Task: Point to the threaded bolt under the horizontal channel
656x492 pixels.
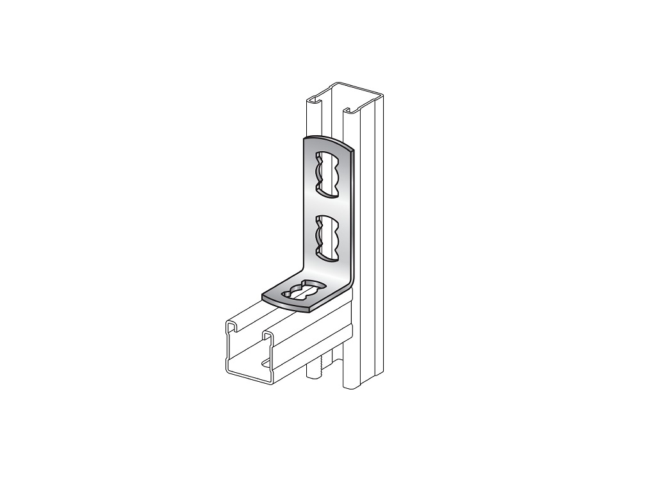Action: [x=316, y=369]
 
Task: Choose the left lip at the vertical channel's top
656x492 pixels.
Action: [x=315, y=101]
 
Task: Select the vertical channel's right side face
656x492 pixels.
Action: [x=375, y=243]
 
